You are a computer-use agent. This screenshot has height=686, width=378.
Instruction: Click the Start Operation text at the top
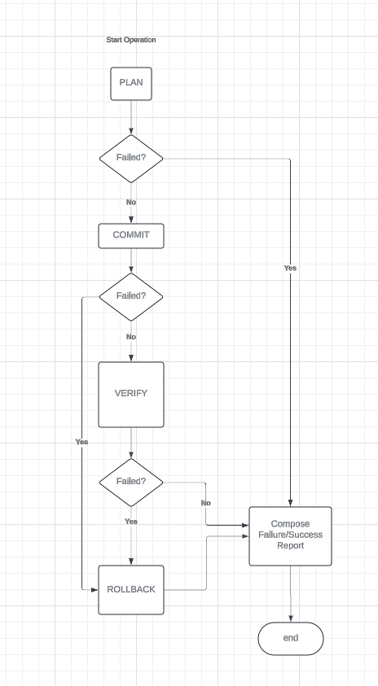point(130,39)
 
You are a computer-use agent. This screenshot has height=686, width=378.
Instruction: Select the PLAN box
point(130,83)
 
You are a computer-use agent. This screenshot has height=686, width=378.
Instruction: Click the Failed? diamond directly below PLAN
point(131,156)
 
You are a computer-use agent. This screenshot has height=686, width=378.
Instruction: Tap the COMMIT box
point(130,235)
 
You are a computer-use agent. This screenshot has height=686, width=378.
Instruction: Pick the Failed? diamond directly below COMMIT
point(131,295)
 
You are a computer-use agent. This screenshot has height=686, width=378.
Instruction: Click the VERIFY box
point(131,394)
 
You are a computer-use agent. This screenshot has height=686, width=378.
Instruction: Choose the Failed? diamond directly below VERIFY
point(131,481)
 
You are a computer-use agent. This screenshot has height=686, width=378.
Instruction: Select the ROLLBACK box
point(131,588)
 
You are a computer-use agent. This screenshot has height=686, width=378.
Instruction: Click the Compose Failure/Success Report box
point(291,535)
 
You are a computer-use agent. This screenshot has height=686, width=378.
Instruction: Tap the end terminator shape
point(291,638)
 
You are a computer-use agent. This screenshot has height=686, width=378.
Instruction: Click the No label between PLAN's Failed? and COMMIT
point(131,202)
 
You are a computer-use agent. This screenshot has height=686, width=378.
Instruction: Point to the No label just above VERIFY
point(131,336)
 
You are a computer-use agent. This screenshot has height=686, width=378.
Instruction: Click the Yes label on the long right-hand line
point(290,268)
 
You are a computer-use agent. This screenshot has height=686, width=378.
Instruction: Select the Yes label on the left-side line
point(81,441)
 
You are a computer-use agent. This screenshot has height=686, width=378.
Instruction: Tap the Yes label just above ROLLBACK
point(131,521)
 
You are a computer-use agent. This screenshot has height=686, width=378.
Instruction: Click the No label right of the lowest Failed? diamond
point(205,503)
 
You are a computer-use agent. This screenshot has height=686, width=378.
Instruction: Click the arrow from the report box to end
point(291,594)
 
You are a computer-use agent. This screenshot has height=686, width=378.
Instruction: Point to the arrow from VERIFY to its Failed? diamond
point(131,443)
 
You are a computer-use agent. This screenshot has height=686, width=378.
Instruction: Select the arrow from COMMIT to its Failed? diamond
point(131,262)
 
